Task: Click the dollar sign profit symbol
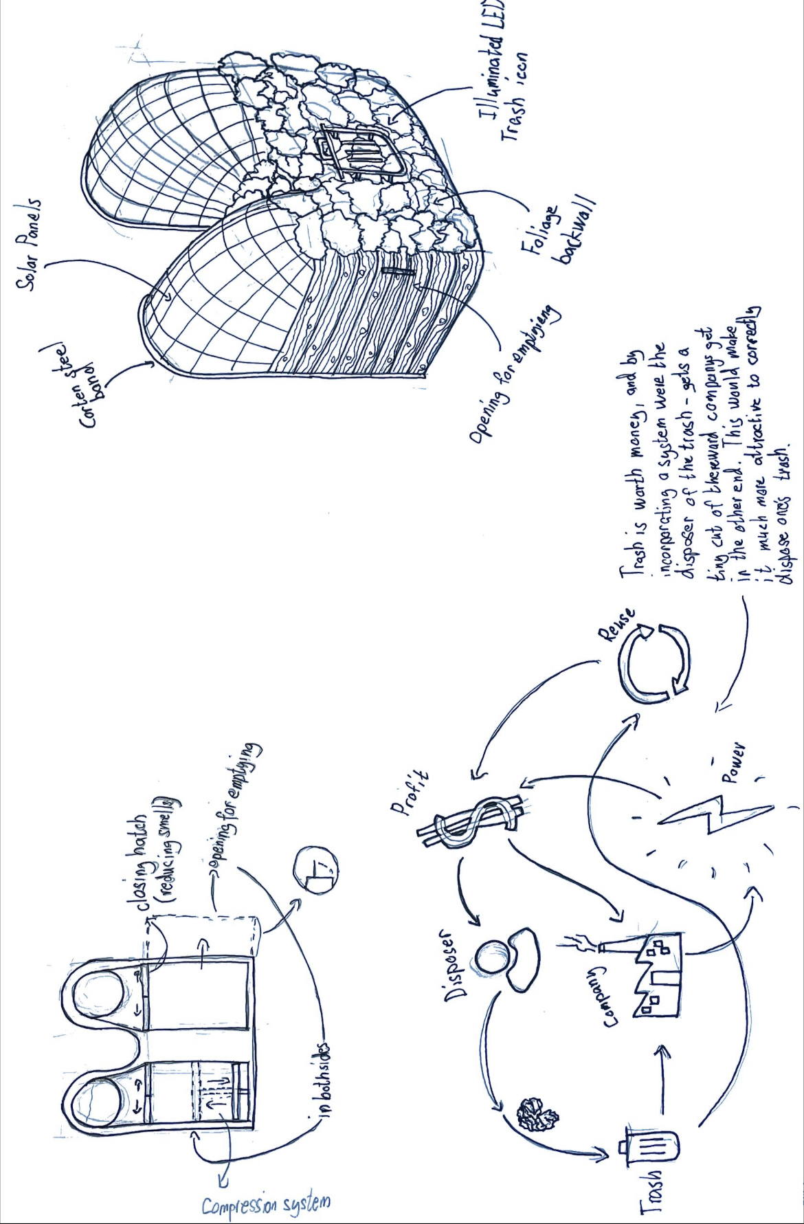point(474,821)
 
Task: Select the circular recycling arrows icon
point(654,663)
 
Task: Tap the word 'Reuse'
point(616,625)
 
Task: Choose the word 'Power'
point(732,763)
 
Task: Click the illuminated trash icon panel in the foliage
point(357,151)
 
